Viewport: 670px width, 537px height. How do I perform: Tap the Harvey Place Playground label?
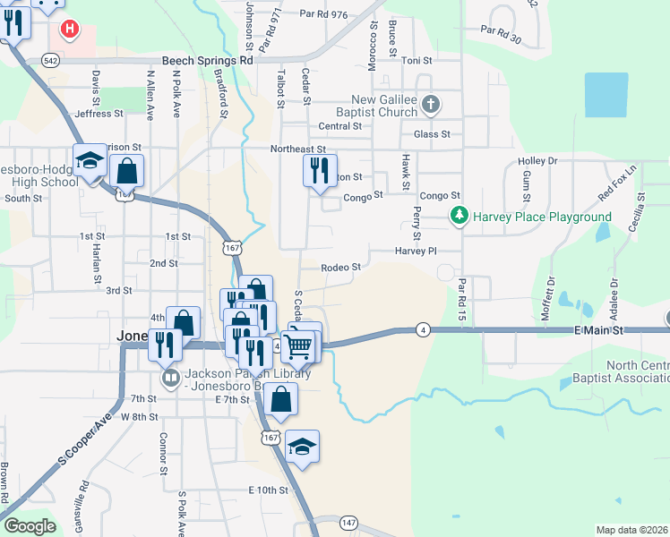[542, 217]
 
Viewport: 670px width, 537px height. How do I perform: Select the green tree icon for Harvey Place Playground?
[460, 216]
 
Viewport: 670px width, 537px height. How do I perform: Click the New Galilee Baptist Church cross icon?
[431, 104]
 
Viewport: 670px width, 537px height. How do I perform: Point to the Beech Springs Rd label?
[208, 61]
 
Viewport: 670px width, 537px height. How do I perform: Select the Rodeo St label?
[342, 267]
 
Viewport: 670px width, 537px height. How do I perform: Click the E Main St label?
[597, 330]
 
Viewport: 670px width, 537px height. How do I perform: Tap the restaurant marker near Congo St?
[320, 170]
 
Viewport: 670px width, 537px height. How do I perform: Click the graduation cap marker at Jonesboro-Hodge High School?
[90, 162]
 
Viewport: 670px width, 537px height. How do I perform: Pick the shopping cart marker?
[300, 345]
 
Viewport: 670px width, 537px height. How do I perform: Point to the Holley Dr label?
[537, 161]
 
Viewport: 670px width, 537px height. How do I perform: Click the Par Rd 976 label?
[323, 14]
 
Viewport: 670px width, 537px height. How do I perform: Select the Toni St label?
[417, 61]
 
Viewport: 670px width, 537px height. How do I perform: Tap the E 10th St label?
[268, 490]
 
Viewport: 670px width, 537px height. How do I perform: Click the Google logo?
[30, 526]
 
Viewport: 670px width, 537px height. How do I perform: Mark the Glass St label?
[432, 134]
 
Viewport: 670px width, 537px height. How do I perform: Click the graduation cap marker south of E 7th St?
[302, 447]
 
